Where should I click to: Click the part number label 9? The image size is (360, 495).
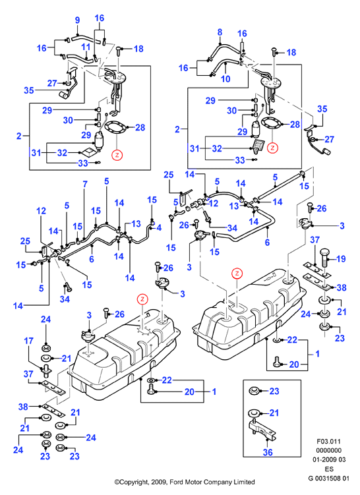click(x=77, y=20)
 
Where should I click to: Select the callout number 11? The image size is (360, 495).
click(x=86, y=47)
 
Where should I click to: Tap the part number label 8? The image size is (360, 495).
click(x=220, y=32)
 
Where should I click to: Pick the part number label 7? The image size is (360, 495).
click(x=84, y=184)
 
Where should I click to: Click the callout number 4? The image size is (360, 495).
click(x=159, y=227)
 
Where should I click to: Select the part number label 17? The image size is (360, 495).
click(x=29, y=341)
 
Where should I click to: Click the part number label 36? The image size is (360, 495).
click(x=268, y=452)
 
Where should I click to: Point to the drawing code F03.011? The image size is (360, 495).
click(x=329, y=442)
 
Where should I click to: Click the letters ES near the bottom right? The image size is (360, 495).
click(x=329, y=469)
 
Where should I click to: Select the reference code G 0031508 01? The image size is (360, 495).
click(x=329, y=478)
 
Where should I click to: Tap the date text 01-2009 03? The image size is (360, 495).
click(x=329, y=459)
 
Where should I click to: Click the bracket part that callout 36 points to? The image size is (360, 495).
click(x=262, y=429)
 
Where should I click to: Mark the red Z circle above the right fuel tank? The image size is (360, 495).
click(x=237, y=274)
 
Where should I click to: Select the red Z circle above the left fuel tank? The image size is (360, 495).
click(x=142, y=299)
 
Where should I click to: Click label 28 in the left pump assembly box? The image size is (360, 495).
click(x=140, y=127)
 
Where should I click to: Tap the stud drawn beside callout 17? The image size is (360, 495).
click(x=45, y=369)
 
